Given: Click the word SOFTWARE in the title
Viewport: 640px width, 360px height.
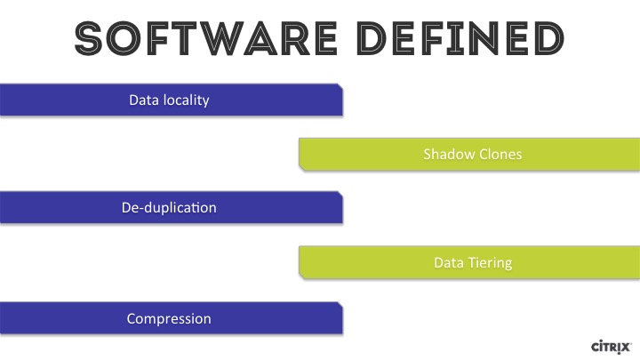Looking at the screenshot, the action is tap(206, 38).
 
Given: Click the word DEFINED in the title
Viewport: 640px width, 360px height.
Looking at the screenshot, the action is tap(461, 38).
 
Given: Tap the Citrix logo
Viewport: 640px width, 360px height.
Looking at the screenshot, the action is tap(611, 347).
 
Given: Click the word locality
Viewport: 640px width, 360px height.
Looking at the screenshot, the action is tap(186, 100).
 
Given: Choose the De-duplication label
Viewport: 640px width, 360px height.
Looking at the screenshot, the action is tap(169, 208).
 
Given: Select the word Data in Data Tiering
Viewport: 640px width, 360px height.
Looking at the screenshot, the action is tap(449, 262).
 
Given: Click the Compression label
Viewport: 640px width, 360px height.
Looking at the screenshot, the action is tap(169, 319).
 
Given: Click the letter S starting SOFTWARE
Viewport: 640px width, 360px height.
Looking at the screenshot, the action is tap(88, 38).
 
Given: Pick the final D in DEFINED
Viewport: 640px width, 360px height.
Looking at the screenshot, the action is tap(551, 38).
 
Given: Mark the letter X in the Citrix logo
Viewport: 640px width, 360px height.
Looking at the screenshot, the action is tap(625, 348).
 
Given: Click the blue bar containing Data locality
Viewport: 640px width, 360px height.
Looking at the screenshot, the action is tap(171, 100).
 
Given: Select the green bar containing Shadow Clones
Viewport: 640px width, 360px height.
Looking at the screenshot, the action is tap(469, 155).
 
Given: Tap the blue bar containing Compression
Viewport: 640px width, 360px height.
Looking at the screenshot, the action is tap(171, 318).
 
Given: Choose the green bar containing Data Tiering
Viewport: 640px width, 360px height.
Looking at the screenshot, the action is tap(469, 262).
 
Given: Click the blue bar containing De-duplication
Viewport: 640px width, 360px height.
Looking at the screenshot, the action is tap(171, 207).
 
